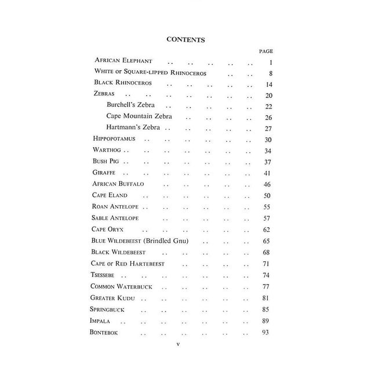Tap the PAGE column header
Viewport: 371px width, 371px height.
pyautogui.click(x=266, y=51)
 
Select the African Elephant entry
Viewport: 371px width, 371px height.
pyautogui.click(x=123, y=61)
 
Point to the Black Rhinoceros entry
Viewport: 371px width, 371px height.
pyautogui.click(x=123, y=83)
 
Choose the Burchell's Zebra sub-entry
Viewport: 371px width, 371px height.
pyautogui.click(x=135, y=106)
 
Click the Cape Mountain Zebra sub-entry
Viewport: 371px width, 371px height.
pyautogui.click(x=140, y=117)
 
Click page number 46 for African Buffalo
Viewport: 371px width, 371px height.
pyautogui.click(x=267, y=184)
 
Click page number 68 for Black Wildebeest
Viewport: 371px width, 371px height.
pyautogui.click(x=267, y=252)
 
